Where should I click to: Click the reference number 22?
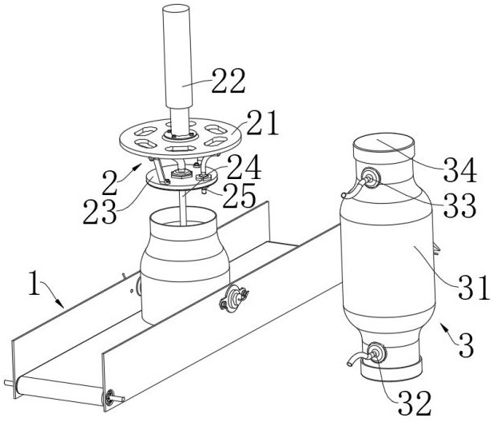229,81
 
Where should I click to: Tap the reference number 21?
262,123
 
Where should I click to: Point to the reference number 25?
240,195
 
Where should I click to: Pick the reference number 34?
460,170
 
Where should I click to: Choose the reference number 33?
460,205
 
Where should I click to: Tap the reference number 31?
473,287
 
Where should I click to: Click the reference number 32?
415,404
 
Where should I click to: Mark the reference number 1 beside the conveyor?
35,283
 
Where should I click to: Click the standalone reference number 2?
110,182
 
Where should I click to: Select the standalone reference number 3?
466,345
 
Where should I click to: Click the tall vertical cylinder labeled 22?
177,57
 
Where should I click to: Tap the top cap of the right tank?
384,144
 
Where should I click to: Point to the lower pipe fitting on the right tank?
376,352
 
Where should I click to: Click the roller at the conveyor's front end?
60,391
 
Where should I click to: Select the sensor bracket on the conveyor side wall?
234,297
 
